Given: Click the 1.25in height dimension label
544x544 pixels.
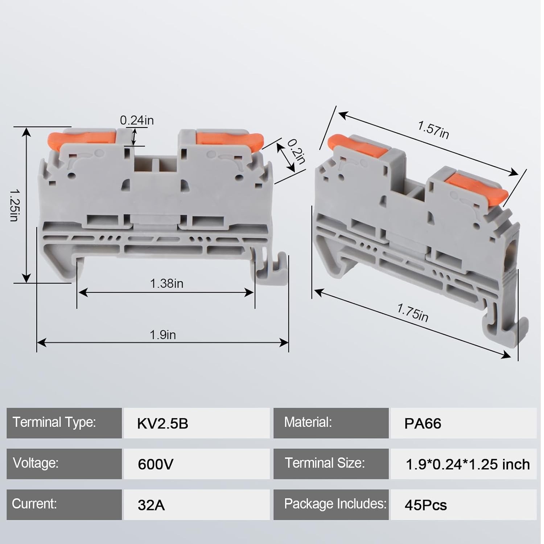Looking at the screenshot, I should tap(14, 205).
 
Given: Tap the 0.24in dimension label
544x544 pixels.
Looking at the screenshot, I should tap(137, 120).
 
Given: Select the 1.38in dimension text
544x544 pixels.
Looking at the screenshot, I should tap(166, 283).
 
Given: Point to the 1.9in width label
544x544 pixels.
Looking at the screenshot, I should tap(163, 335).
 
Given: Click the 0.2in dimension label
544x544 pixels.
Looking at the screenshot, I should tap(296, 151).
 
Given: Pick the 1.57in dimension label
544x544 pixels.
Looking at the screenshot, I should tap(433, 130).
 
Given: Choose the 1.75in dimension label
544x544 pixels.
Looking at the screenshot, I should tap(413, 313).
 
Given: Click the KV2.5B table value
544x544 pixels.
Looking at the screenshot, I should tap(162, 424).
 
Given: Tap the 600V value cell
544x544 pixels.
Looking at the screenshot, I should tap(156, 464).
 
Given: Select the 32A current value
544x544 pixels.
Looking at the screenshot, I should tap(151, 505).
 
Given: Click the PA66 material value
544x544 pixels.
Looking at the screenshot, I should tap(423, 424).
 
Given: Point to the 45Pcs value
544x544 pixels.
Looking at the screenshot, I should tap(425, 505).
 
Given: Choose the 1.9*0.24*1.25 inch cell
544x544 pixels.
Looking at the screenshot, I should tap(467, 464).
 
